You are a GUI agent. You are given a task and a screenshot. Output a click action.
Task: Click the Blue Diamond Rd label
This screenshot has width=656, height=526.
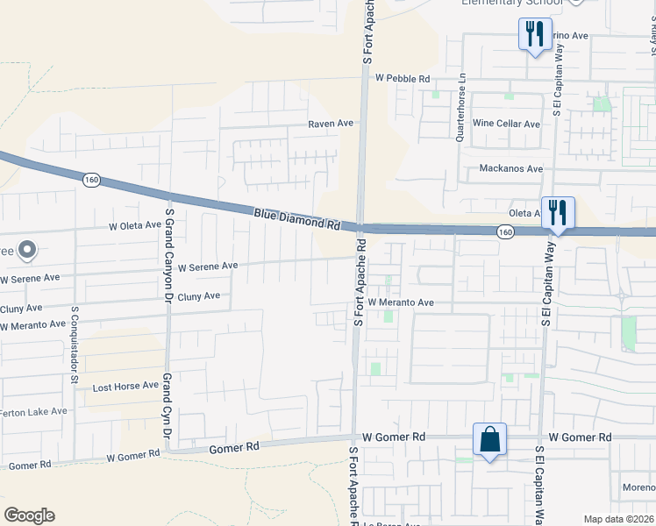tap(296, 219)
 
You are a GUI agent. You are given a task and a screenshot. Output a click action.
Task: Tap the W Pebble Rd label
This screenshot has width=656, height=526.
tap(403, 78)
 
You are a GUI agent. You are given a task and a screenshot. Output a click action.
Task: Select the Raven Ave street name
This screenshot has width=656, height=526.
tap(330, 124)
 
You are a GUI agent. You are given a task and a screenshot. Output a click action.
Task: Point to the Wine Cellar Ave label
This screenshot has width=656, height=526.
tap(506, 124)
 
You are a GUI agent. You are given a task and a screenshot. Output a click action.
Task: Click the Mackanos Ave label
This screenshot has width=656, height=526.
tap(511, 168)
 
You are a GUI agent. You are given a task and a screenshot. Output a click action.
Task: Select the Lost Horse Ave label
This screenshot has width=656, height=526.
tap(125, 386)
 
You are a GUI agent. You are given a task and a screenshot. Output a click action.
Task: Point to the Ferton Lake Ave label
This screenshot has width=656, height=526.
tap(33, 411)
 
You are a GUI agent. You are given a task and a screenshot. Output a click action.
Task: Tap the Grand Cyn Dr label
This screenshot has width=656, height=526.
tap(165, 412)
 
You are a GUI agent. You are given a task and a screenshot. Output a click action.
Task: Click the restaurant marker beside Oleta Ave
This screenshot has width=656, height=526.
tap(558, 213)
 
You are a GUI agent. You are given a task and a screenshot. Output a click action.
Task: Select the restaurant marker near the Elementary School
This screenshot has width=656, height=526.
tap(534, 34)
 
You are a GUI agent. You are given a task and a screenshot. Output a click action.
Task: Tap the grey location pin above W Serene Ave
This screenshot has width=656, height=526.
tap(27, 251)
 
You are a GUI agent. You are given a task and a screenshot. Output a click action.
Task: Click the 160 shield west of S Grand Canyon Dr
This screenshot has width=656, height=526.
tap(90, 180)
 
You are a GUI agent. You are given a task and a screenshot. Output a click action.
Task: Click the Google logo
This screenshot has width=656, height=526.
tap(30, 515)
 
